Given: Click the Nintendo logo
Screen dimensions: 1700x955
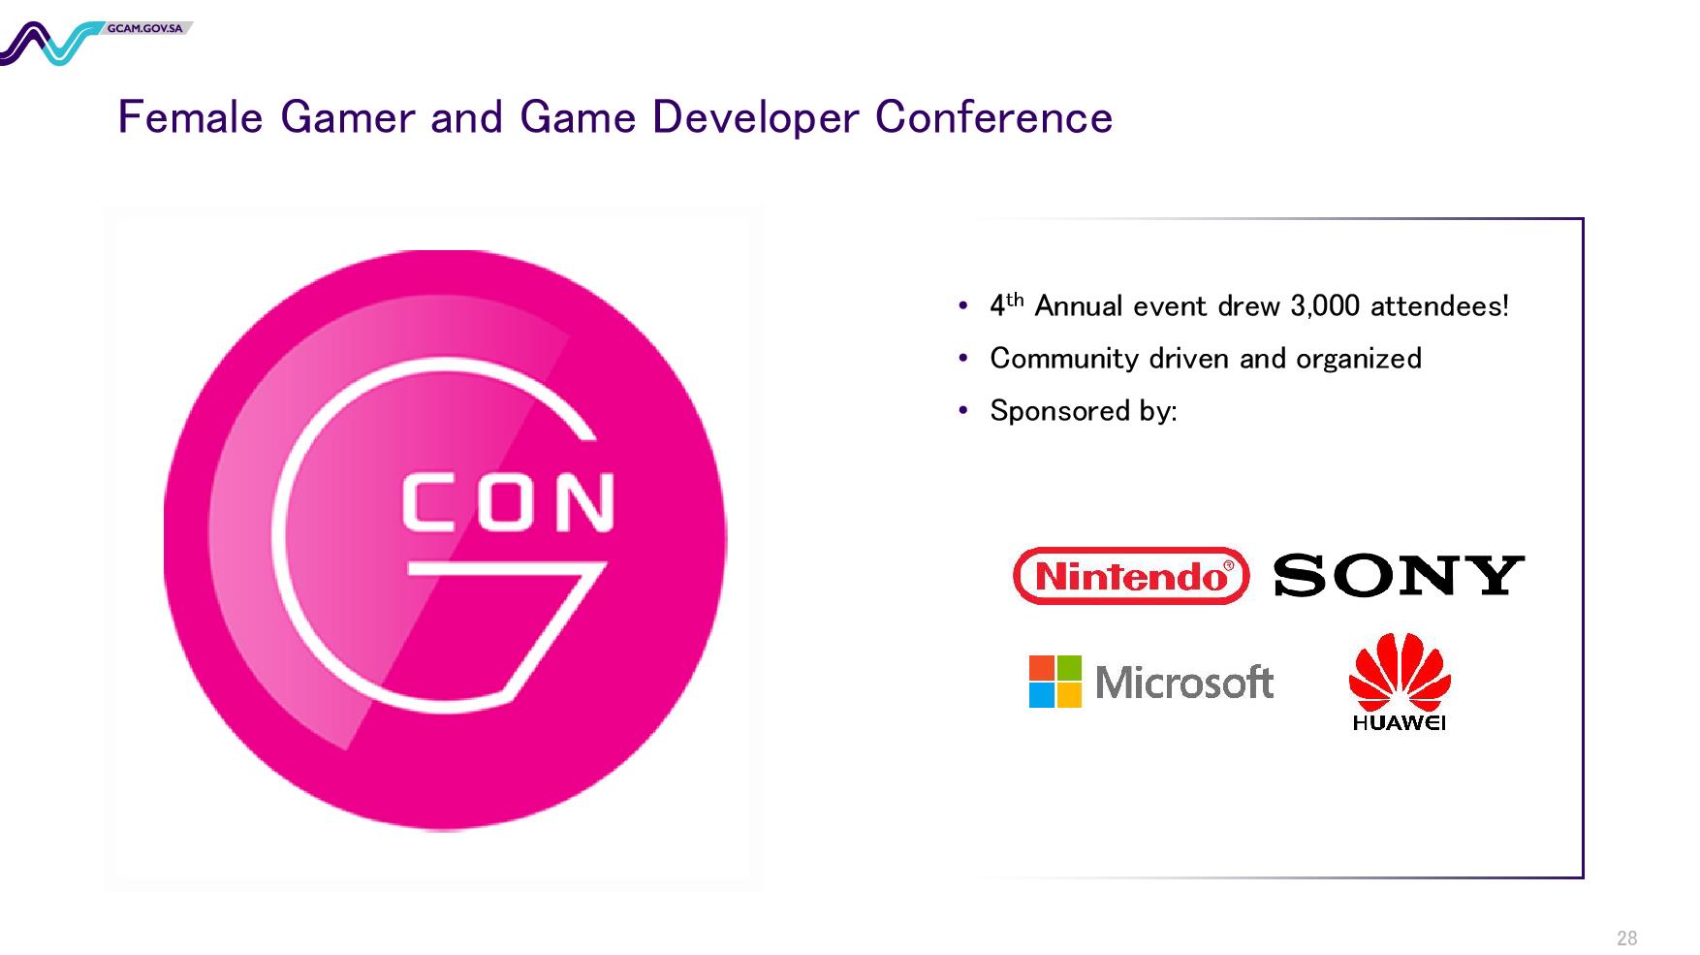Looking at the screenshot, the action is coord(1130,576).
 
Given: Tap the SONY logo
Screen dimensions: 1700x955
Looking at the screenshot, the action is coord(1399,575).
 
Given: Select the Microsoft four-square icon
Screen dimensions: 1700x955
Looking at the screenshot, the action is coord(1055,682).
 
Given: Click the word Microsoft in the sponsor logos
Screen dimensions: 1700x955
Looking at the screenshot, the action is coord(1184,683).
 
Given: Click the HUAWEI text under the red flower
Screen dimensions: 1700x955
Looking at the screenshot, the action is coord(1400,722).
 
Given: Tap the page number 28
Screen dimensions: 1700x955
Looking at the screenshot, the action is coord(1626,938).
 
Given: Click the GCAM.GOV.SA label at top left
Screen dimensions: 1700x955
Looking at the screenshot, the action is coord(145,28).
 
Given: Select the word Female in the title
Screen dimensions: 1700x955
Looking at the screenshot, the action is coord(190,118).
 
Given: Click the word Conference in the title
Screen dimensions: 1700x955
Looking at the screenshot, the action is coord(993,118).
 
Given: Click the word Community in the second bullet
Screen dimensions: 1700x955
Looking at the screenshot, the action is coord(1064,360).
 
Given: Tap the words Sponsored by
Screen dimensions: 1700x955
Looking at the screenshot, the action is coord(1084,411).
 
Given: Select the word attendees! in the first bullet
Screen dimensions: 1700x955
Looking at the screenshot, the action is coord(1439,306).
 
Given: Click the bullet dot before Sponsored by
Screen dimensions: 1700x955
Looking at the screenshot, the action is coord(962,411).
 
